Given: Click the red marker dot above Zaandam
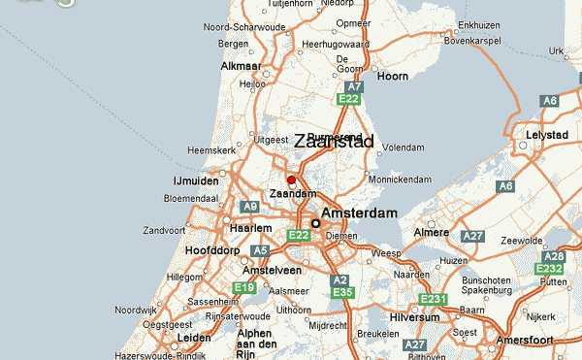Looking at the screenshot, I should (x=291, y=180).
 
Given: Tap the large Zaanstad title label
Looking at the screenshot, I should (x=334, y=142).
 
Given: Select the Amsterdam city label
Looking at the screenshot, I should (x=359, y=213).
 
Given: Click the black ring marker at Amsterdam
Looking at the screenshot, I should (x=315, y=223).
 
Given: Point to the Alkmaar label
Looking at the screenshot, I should (x=242, y=66).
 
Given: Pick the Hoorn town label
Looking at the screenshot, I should (x=393, y=76).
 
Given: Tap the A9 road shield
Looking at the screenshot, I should (x=250, y=207).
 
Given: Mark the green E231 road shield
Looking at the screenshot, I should (x=433, y=300).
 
